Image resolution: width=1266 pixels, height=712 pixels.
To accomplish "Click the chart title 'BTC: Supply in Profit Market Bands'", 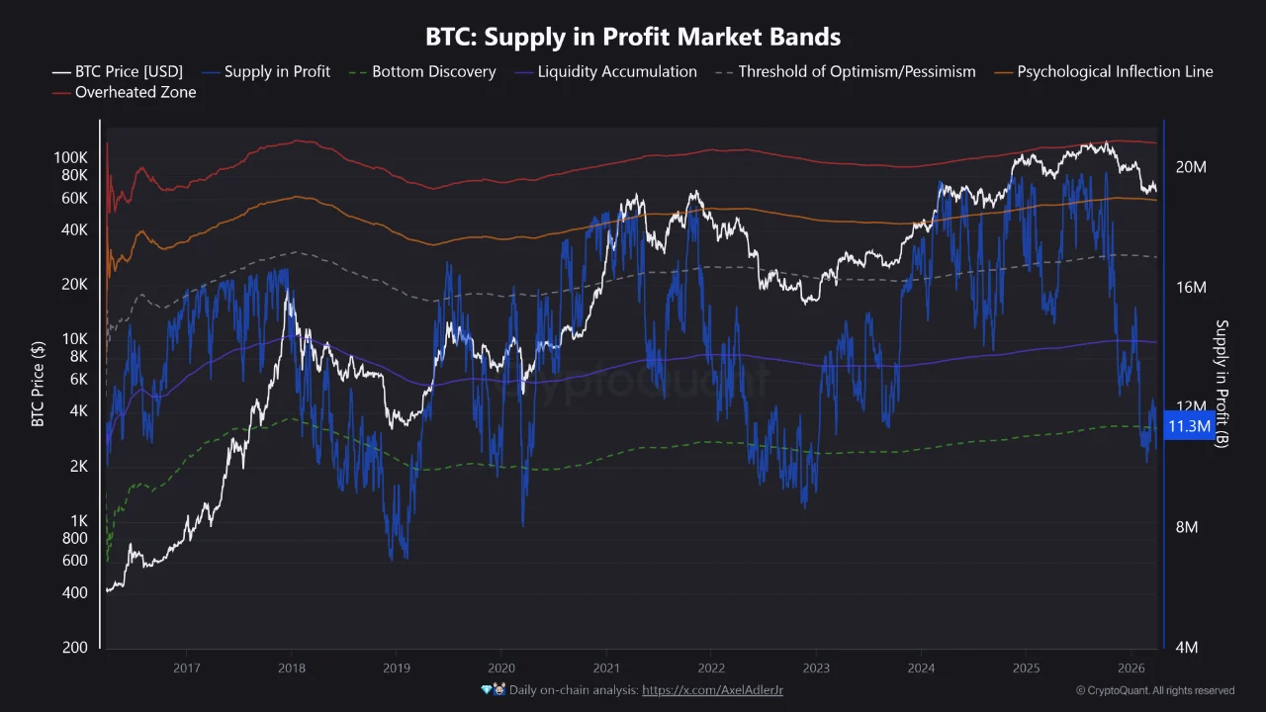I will [633, 38].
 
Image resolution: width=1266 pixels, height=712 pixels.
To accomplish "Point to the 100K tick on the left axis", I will [70, 157].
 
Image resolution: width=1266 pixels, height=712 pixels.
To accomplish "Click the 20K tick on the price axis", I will [74, 284].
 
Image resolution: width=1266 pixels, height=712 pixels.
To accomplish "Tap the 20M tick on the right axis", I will [1190, 167].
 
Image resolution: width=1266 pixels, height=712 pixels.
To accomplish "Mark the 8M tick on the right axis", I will [1187, 527].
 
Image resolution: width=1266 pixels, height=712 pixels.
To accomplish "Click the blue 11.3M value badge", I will [1189, 426].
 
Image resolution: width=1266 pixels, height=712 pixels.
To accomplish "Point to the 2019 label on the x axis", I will [396, 667].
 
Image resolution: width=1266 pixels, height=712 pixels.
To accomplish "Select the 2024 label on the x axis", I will [921, 667].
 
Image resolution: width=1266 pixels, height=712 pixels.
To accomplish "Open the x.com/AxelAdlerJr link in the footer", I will [712, 690].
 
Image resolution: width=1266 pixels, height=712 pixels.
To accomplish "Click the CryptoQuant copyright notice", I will [1154, 690].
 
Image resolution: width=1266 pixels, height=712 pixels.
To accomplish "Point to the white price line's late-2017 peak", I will [289, 291].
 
